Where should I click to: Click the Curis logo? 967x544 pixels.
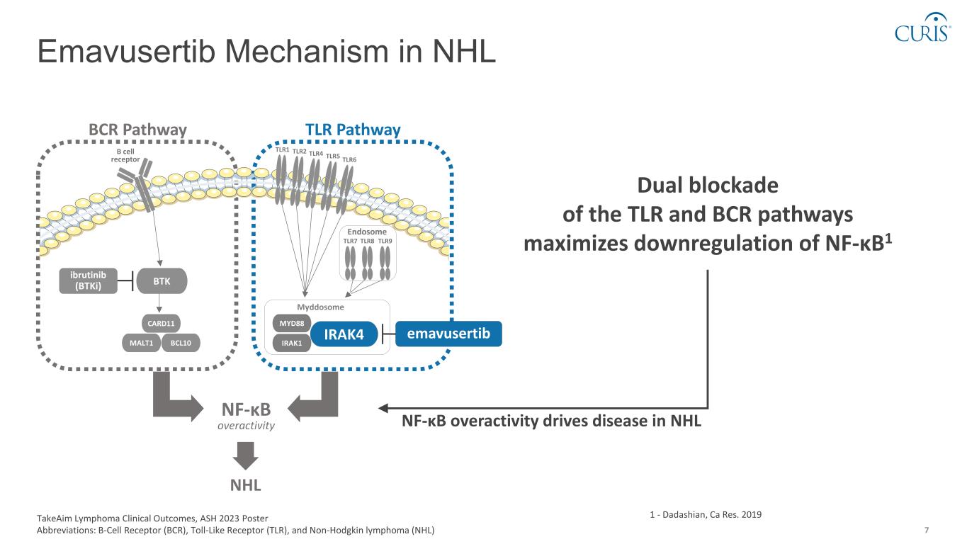[921, 28]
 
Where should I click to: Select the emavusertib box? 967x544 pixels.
[448, 333]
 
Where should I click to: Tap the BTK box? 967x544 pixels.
[162, 280]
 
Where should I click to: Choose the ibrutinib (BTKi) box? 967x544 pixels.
[88, 280]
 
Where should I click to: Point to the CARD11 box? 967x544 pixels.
[161, 324]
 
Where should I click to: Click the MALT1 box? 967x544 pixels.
[140, 343]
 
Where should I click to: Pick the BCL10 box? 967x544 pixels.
[181, 343]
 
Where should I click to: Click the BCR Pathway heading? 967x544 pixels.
[137, 130]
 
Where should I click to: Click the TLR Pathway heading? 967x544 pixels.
[353, 130]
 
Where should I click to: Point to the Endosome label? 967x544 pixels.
[367, 232]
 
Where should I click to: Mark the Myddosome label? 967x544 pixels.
[321, 307]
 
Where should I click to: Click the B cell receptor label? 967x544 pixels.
[125, 155]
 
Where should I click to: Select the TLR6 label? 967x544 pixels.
[349, 159]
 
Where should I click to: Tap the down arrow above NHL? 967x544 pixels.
[247, 455]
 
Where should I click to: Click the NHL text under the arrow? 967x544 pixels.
[247, 486]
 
